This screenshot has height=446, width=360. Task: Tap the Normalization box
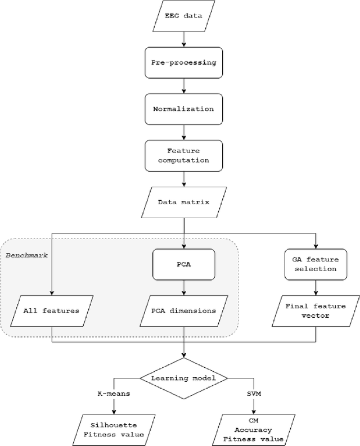pyautogui.click(x=184, y=109)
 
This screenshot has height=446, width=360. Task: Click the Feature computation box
pyautogui.click(x=184, y=156)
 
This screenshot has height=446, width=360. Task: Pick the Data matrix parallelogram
pyautogui.click(x=184, y=201)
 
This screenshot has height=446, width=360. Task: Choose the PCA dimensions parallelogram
pyautogui.click(x=184, y=310)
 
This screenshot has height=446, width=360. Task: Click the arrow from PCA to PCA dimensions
pyautogui.click(x=184, y=286)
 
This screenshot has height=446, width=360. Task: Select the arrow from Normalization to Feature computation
pyautogui.click(x=184, y=131)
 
